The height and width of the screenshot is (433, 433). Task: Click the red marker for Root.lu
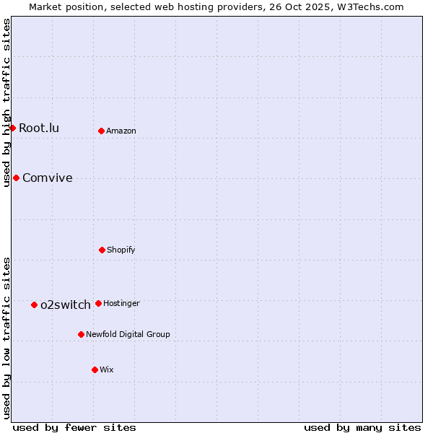pos(12,128)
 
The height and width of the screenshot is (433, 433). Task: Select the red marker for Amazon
pos(102,131)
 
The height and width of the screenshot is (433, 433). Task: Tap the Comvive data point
pos(16,178)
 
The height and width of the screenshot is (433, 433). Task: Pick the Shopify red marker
pos(102,250)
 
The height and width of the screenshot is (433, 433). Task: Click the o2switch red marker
pos(34,305)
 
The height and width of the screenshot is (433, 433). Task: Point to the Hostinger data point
pos(98,303)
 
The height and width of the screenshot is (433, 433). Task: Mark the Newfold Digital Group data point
pos(81,334)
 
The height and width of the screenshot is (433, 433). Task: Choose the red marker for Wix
pos(95,369)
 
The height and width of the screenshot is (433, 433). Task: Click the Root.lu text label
pos(39,128)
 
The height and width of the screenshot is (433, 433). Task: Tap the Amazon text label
pos(121,131)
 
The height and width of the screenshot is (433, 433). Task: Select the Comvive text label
pos(48,178)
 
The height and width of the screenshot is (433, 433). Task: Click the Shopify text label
pos(121,250)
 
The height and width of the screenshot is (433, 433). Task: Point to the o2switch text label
pos(66,305)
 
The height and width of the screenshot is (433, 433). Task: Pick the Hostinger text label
pos(121,303)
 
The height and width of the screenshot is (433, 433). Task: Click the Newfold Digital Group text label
pos(128,334)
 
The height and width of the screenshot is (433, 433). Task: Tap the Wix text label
pos(107,369)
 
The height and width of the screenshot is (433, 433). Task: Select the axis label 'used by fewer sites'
pos(74,427)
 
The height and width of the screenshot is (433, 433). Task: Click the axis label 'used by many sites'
pos(362,427)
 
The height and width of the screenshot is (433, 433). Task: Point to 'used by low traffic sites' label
pos(6,338)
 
